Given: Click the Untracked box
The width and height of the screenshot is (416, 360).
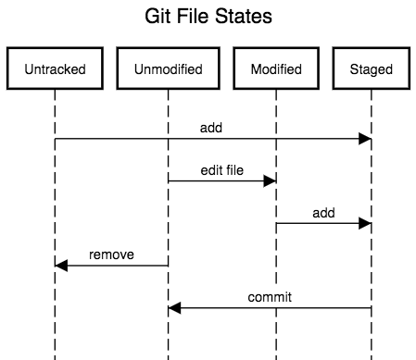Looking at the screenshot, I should [55, 68].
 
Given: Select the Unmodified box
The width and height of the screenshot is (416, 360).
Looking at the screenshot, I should [168, 68].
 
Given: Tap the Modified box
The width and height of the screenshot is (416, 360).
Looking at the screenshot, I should [275, 68].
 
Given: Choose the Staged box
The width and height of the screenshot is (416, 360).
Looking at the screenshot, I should [371, 68].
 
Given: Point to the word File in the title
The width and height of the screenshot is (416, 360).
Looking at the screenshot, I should [196, 18].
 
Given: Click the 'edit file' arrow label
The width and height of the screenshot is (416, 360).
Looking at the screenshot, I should [221, 170].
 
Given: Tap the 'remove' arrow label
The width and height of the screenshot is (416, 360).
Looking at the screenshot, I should [110, 254].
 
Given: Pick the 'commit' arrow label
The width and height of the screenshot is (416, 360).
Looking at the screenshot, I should [270, 296].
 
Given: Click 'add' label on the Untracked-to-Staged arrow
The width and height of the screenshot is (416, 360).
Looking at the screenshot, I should [211, 128].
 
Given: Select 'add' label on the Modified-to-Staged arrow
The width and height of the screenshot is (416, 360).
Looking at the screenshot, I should [322, 212].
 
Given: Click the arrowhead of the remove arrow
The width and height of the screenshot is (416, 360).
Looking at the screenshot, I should [62, 266].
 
